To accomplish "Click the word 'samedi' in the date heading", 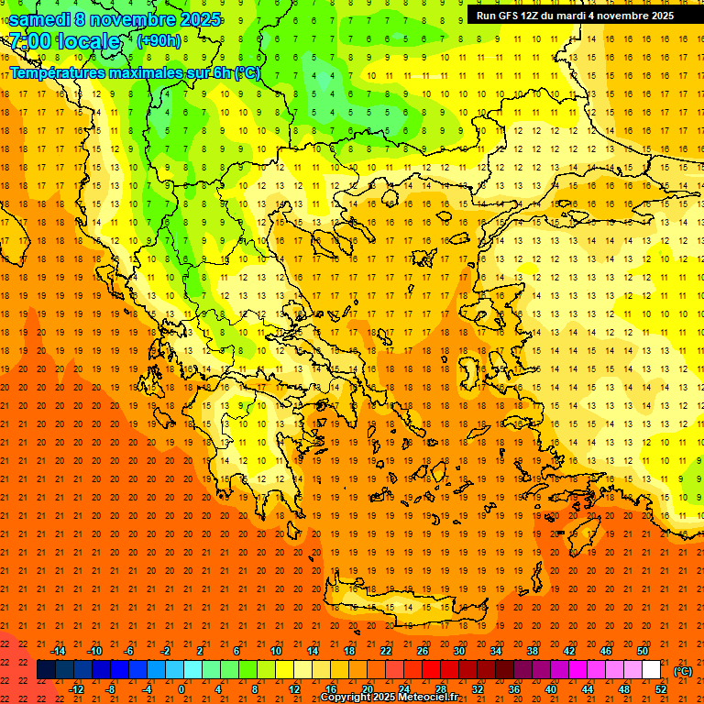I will (38, 19).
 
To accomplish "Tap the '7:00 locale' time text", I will (64, 41).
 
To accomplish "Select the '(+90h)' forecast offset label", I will (159, 40).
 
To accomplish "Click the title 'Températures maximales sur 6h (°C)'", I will (135, 72).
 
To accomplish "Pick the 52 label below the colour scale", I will (661, 689).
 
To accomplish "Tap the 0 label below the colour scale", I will (181, 689).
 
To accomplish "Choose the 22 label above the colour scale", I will (386, 651).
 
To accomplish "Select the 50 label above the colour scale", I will (643, 651).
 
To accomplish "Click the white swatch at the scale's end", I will (652, 670).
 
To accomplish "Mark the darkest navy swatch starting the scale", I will (47, 670).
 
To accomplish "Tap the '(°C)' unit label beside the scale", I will (682, 671).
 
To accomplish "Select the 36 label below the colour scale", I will (514, 689).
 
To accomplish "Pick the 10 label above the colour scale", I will (276, 651).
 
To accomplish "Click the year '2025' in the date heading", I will (195, 19).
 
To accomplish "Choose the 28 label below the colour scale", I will (441, 689).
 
